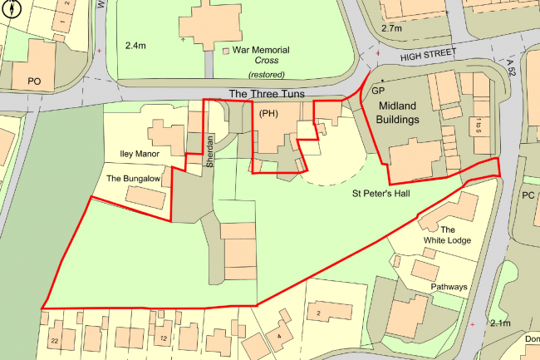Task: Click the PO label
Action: pos(34,81)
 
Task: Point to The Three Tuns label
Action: pos(261,93)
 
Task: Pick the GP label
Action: pos(379,90)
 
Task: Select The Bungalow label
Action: pos(132,178)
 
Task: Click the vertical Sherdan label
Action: pos(210,150)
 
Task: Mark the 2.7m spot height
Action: pos(391,27)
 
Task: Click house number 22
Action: pos(54,341)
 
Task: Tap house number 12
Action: pos(164,338)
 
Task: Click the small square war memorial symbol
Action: pos(226,52)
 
